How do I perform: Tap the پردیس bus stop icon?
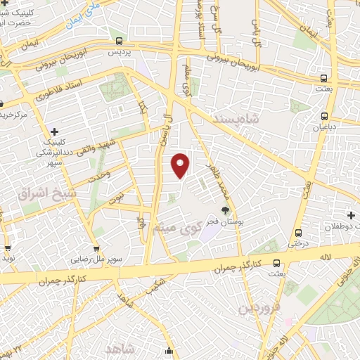point(119,41)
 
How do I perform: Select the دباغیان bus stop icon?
point(323,116)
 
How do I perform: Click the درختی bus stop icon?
point(298,233)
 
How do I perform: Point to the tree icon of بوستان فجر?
point(225,210)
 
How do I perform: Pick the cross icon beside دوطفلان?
point(349,214)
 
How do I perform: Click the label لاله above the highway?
point(324,259)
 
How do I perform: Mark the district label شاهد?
point(120,349)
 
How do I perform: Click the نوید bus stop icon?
point(8,247)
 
